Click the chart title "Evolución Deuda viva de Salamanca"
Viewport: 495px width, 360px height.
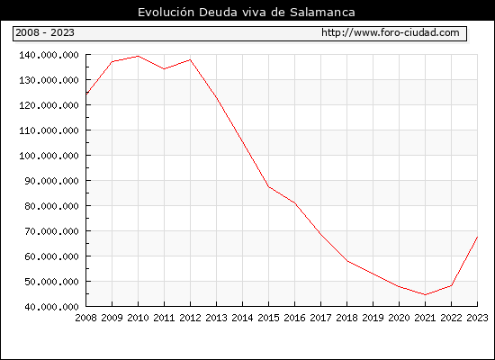[x=247, y=13]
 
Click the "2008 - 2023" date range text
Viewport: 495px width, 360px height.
[x=45, y=32]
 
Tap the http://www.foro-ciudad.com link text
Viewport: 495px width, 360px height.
[x=391, y=32]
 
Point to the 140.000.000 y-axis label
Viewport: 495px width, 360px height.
[x=49, y=55]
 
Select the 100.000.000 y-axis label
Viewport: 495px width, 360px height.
[x=49, y=156]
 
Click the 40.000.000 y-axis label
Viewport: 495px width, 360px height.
[x=51, y=307]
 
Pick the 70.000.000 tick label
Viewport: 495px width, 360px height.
[x=51, y=231]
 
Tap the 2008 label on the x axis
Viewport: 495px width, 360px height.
[x=85, y=318]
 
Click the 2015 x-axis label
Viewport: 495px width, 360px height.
[x=269, y=318]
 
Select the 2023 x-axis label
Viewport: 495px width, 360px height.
[x=477, y=318]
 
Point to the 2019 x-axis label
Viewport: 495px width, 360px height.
[x=373, y=318]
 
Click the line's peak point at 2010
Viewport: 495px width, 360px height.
[x=139, y=56]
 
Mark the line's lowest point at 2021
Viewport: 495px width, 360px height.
[x=425, y=294]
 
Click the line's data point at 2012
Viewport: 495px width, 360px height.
[x=191, y=59]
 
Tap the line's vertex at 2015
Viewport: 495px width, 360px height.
[x=269, y=186]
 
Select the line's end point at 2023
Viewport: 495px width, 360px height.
[x=477, y=237]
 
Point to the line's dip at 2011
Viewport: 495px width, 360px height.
[x=164, y=68]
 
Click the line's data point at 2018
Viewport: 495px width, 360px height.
[x=346, y=261]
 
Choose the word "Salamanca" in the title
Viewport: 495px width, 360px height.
[x=322, y=13]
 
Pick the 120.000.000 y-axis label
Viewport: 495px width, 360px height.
[x=49, y=105]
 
